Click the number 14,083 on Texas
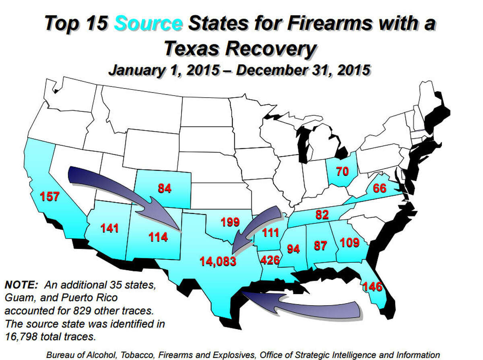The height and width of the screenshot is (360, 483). pos(218,262)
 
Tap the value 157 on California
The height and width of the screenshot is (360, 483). pos(50,197)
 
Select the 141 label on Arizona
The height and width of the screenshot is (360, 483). pos(109,229)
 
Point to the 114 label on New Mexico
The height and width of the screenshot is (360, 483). pos(158,237)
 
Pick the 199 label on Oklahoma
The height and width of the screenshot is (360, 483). pos(230,222)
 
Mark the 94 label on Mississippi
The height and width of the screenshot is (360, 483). pos(293,249)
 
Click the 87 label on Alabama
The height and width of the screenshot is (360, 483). pos(320,245)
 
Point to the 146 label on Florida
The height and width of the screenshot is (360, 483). pos(372,287)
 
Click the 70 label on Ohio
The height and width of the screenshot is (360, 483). pos(342,172)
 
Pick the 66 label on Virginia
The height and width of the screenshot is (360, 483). pos(380,188)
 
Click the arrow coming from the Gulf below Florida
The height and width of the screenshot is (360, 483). pos(306,306)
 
